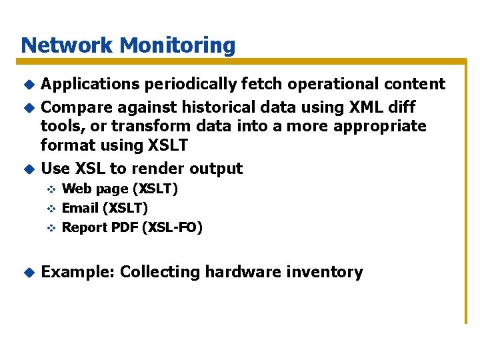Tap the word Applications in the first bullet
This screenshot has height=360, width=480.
point(91,84)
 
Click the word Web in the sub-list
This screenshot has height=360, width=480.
point(74,189)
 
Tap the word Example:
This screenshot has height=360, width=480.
point(78,272)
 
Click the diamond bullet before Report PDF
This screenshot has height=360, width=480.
point(49,228)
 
